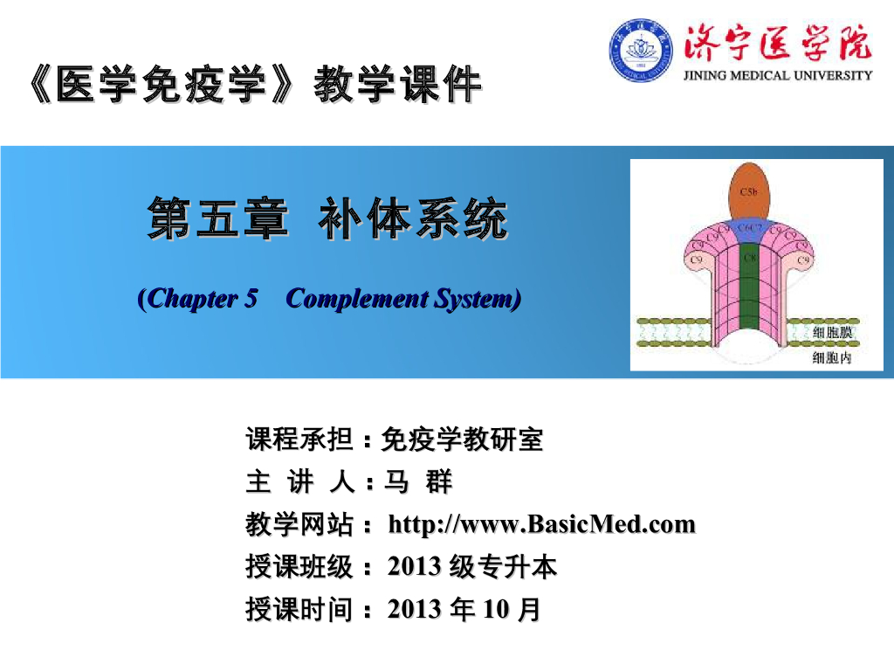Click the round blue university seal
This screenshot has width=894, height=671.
tap(641, 50)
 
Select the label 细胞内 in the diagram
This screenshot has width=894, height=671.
tap(832, 358)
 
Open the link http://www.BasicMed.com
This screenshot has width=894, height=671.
tap(541, 525)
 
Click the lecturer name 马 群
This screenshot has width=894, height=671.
tap(419, 482)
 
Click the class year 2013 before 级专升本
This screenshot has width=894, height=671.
tap(414, 568)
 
